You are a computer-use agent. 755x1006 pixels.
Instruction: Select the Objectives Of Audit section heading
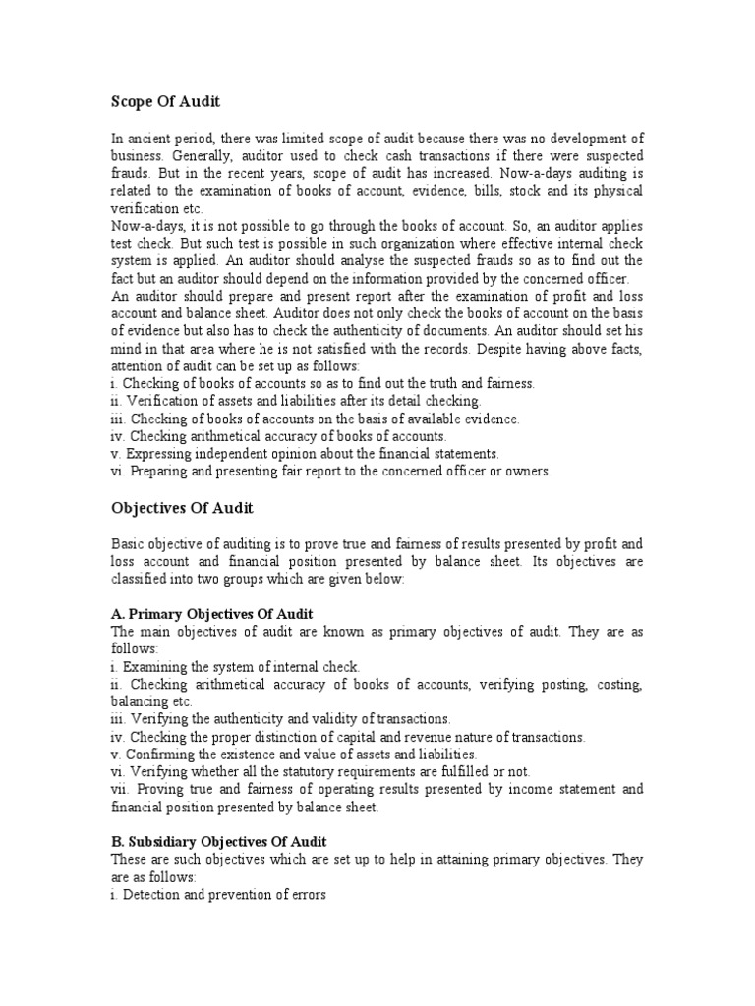pyautogui.click(x=182, y=507)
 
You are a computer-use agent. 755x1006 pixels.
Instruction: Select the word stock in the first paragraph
pyautogui.click(x=514, y=192)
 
